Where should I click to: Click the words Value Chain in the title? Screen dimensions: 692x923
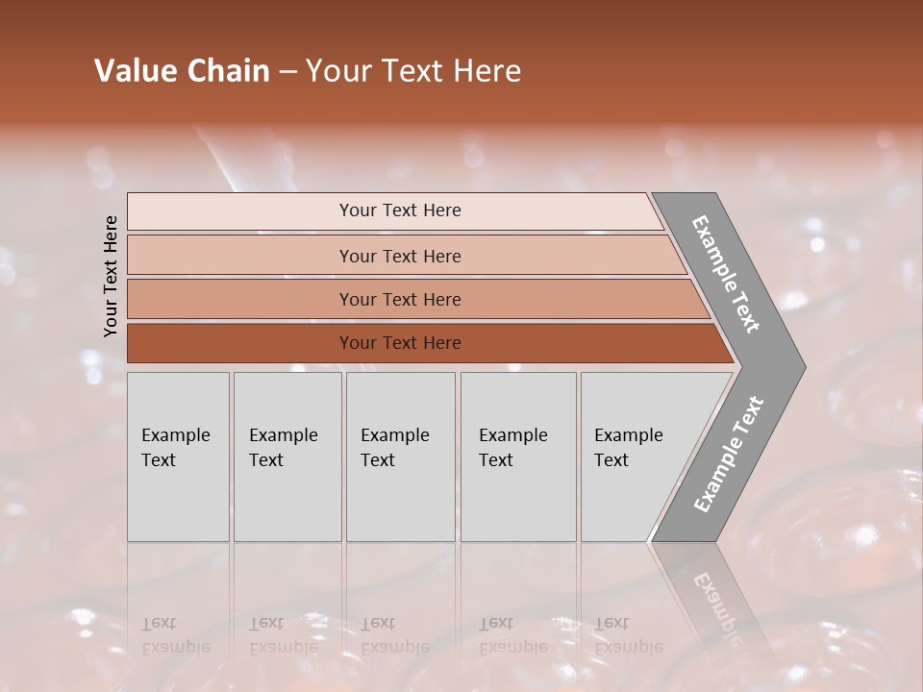(182, 71)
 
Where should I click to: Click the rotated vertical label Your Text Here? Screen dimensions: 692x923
(111, 277)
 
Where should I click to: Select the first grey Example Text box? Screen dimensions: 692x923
(178, 457)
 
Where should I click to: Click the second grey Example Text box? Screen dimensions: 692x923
(287, 457)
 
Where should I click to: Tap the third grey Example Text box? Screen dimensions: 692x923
(400, 457)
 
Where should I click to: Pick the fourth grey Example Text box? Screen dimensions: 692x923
(517, 457)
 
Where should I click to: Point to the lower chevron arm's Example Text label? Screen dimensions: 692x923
(729, 455)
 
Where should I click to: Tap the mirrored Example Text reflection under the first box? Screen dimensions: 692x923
(175, 635)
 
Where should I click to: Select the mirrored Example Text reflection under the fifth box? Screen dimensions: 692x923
(628, 635)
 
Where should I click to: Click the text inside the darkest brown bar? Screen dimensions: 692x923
(400, 343)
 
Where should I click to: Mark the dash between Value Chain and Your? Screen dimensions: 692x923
(287, 72)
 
